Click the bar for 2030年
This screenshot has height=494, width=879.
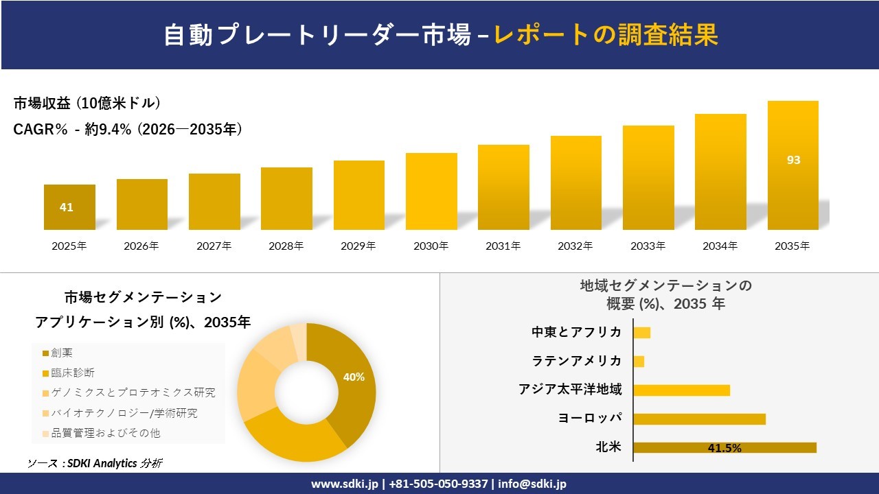click(431, 191)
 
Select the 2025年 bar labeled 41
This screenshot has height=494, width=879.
click(69, 207)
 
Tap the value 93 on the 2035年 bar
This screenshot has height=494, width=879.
click(793, 160)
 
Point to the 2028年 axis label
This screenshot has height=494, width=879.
click(286, 246)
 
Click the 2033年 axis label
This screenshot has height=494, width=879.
click(648, 246)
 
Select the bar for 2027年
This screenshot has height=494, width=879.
click(214, 202)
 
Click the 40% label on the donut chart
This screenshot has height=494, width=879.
click(354, 377)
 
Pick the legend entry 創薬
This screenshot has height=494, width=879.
click(62, 353)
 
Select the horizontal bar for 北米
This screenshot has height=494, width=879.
click(724, 447)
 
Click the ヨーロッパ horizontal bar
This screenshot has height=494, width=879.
click(699, 419)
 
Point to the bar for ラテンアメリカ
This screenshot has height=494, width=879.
click(639, 361)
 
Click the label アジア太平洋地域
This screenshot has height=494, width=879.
click(570, 390)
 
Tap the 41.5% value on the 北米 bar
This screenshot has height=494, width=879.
click(724, 448)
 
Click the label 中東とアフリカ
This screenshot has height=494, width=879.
click(576, 332)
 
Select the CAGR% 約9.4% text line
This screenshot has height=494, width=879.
click(128, 130)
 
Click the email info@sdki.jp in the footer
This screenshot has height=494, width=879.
click(532, 484)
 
